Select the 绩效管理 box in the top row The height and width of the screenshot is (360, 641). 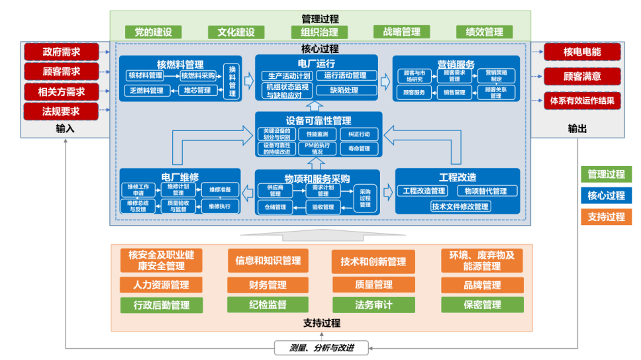click(x=483, y=32)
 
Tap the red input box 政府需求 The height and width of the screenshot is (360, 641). click(x=61, y=52)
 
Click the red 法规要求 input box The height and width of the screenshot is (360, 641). click(x=61, y=111)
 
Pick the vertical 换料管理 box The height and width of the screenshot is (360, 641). click(x=232, y=81)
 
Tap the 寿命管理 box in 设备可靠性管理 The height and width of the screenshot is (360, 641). click(x=359, y=149)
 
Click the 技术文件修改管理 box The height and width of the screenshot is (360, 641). click(x=460, y=206)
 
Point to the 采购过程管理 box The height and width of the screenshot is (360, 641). click(x=365, y=197)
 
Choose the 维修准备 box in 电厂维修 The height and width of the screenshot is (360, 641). click(x=219, y=190)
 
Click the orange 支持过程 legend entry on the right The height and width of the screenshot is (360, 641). click(x=606, y=216)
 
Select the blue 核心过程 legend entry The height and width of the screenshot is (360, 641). click(x=606, y=196)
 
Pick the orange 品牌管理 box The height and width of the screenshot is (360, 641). click(x=482, y=285)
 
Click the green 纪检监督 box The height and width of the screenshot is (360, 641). click(x=268, y=305)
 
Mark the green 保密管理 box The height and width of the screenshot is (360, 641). click(x=482, y=305)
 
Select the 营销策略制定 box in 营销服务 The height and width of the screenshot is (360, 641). click(x=496, y=75)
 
